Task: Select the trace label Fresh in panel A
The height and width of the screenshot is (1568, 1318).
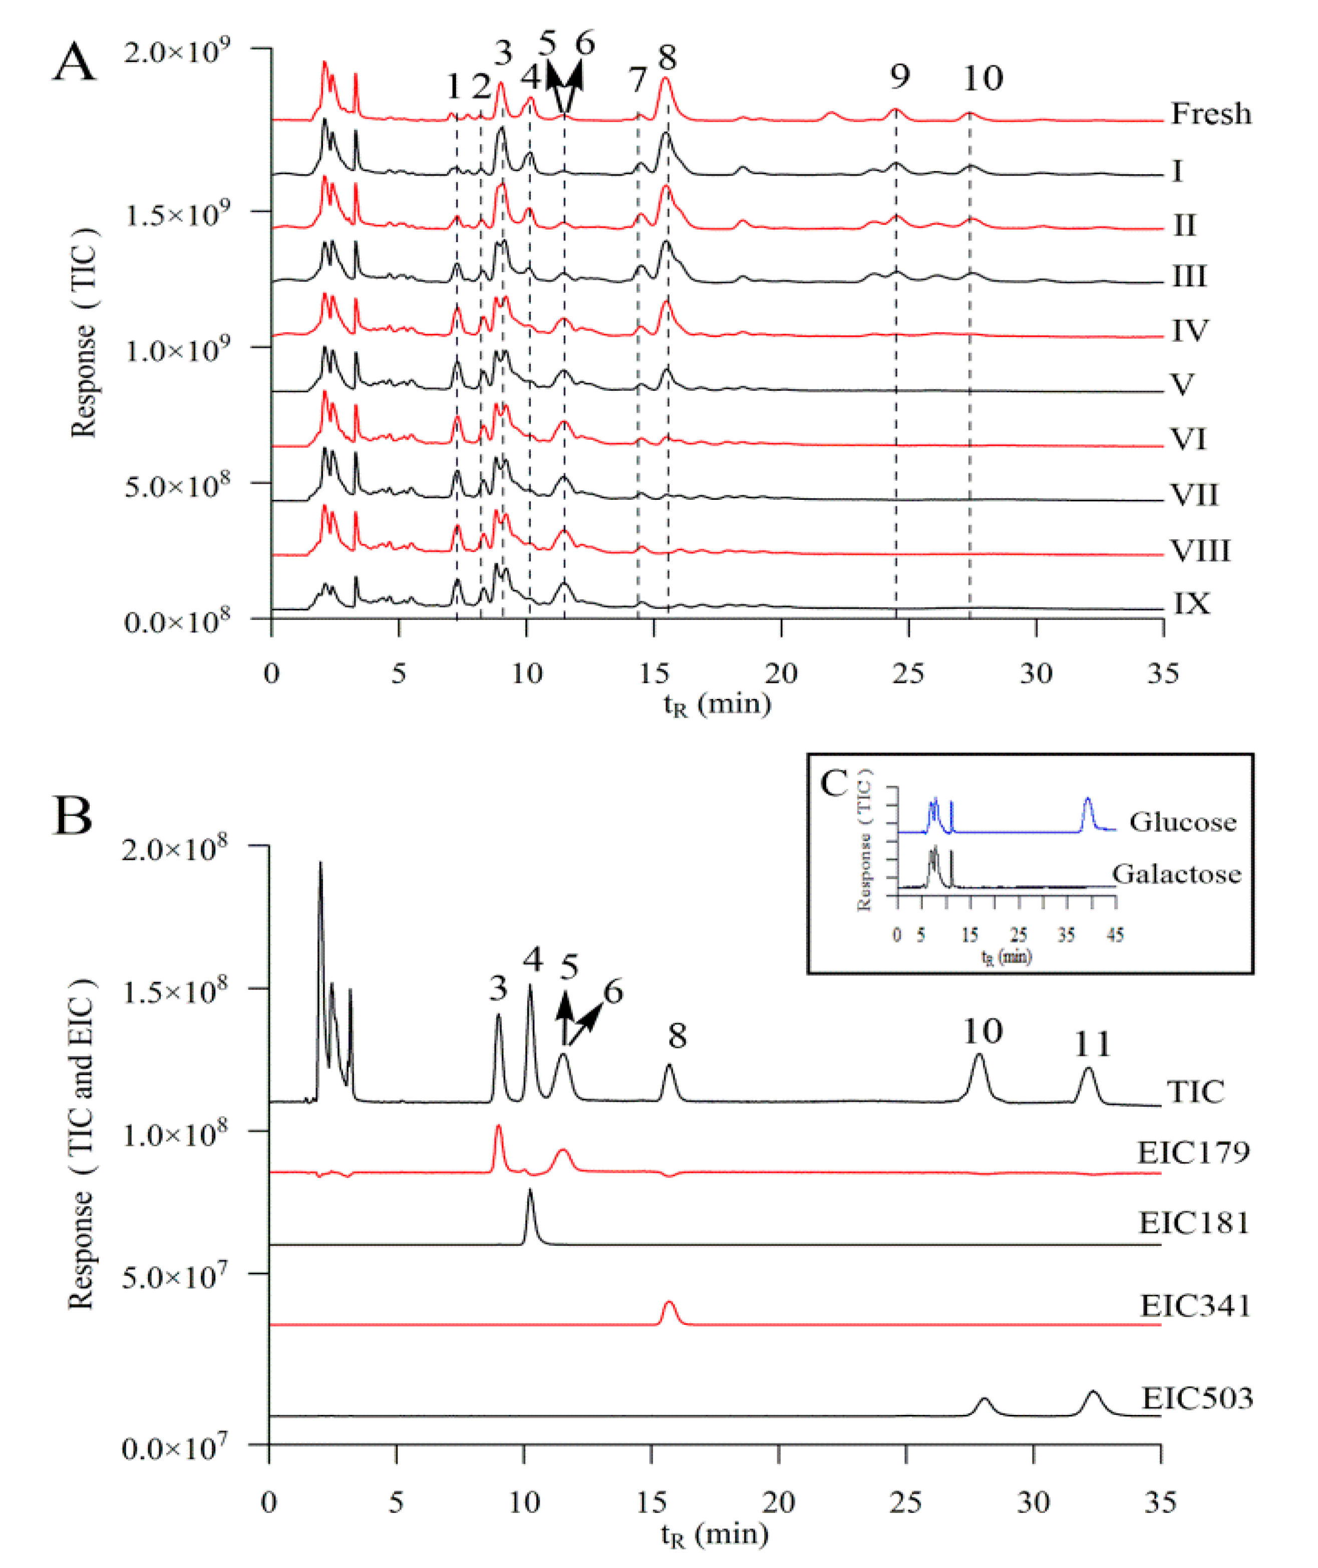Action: point(1210,114)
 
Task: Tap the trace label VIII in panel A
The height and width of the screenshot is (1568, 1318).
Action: point(1199,551)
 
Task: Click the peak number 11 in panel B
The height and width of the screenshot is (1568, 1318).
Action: point(1092,1044)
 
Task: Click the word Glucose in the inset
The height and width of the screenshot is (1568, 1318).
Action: point(1182,822)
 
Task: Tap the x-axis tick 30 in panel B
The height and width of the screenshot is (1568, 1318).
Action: point(1034,1502)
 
